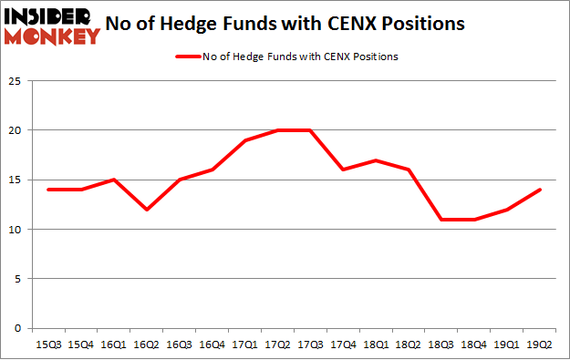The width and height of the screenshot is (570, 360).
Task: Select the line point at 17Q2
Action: point(279,130)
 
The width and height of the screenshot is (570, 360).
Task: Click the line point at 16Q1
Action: point(113,180)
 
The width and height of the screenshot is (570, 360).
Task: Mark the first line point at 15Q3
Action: point(47,190)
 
